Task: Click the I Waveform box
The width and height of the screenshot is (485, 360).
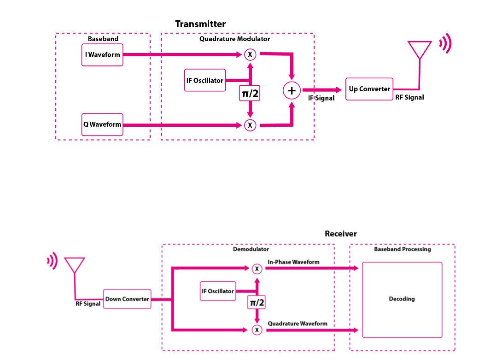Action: pos(102,55)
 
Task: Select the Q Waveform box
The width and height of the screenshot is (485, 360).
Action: pos(102,124)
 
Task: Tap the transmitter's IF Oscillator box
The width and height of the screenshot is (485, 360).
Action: pos(205,80)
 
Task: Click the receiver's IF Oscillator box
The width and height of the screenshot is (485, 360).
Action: pos(217,291)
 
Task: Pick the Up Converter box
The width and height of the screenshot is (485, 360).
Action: pos(369,89)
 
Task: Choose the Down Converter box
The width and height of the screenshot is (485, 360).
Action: pos(127,299)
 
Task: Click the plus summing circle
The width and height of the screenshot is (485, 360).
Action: pos(292,90)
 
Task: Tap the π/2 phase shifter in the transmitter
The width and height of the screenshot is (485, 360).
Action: pos(250,94)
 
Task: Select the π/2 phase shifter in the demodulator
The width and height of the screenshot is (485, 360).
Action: pos(257,303)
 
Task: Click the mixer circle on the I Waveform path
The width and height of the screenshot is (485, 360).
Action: pos(250,54)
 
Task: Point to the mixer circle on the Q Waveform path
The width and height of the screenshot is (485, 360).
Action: pos(250,125)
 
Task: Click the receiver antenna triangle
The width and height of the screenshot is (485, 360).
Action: pos(74,266)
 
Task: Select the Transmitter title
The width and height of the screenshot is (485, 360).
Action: pos(200,24)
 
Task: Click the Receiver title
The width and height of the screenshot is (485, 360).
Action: pos(340,234)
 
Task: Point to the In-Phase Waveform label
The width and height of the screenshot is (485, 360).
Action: pos(293,262)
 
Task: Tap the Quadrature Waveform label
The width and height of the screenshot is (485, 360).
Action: pos(298,324)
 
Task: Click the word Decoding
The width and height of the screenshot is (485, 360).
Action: pos(402,299)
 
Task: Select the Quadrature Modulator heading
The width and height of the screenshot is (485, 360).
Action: pos(234,39)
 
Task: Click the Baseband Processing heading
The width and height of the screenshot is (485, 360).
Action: pos(402,249)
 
